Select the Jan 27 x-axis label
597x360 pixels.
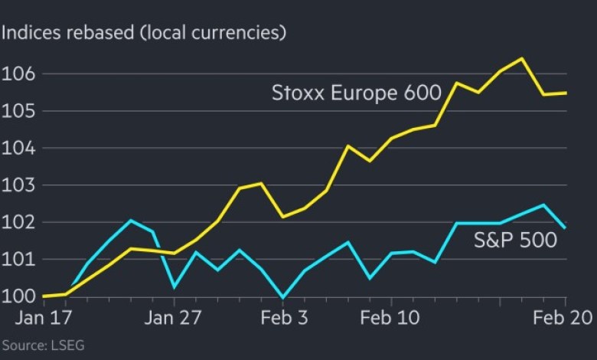175,318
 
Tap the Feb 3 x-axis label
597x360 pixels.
283,318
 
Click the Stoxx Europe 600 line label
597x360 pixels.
357,93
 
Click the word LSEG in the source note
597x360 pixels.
68,345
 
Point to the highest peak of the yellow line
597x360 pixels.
522,58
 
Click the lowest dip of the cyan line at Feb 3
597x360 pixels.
283,297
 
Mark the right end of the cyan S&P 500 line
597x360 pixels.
566,227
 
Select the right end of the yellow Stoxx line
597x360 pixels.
566,93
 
